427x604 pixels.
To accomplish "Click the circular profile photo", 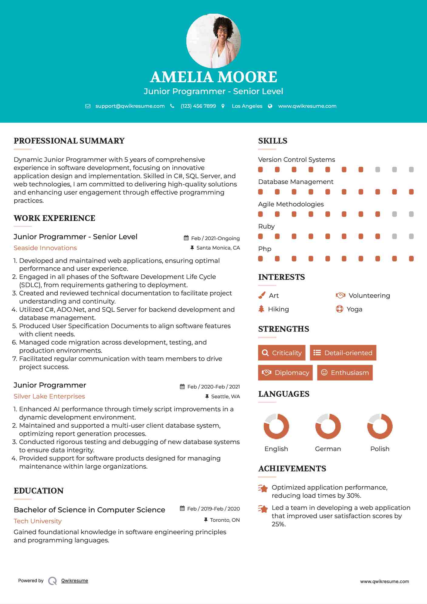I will [x=213, y=41].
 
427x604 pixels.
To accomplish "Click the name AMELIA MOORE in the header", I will [x=213, y=77].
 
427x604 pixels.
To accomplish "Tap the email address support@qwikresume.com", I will [x=130, y=106].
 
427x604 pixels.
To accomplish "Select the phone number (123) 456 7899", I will [x=198, y=106].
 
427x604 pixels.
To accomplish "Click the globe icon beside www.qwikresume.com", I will [x=270, y=106].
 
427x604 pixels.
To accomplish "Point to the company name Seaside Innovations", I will [x=45, y=248].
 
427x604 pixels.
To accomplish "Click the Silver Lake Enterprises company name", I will [x=49, y=396].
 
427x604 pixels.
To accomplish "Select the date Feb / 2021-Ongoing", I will [x=215, y=239].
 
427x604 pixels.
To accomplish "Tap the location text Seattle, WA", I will [x=225, y=397].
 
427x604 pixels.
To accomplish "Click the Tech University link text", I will [x=38, y=521].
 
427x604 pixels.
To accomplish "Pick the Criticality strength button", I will [x=282, y=353].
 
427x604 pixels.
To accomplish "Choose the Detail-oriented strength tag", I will [x=343, y=353].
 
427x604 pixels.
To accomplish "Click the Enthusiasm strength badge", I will [x=345, y=373].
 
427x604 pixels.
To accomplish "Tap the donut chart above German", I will [x=328, y=426].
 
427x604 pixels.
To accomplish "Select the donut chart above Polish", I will [x=380, y=426].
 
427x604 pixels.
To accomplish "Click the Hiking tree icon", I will [x=261, y=309].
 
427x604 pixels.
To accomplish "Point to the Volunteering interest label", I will [x=369, y=296].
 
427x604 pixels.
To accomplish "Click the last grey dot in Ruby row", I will [x=411, y=236].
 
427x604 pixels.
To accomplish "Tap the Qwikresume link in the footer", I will [x=75, y=581].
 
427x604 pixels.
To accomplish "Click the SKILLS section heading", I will [x=273, y=141].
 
